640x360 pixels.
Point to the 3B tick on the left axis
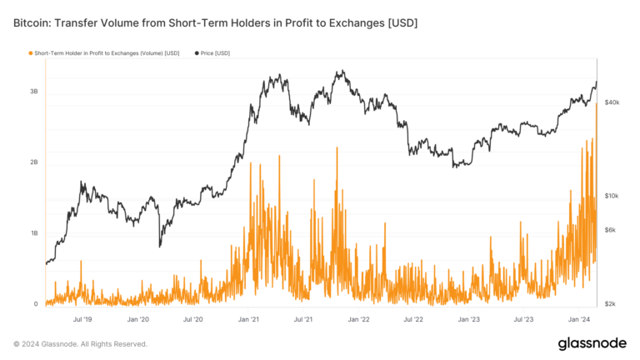[33, 91]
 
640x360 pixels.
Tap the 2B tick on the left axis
[33, 162]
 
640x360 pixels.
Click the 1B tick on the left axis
[33, 233]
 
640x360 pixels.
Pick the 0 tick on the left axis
[36, 304]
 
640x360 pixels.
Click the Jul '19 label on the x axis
[82, 318]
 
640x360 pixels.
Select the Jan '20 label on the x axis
[138, 318]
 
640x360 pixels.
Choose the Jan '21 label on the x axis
[248, 318]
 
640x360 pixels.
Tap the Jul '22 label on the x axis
[414, 318]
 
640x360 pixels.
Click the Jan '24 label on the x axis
[579, 318]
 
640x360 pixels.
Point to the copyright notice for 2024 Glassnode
[80, 343]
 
